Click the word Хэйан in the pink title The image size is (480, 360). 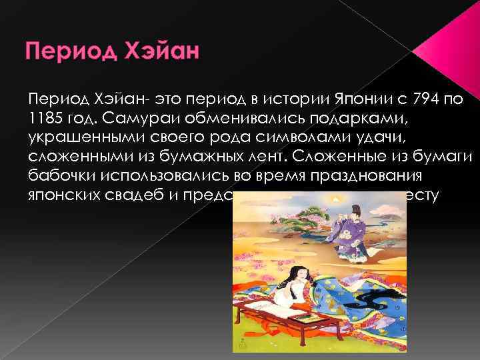tap(166, 52)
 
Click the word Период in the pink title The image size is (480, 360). tap(69, 52)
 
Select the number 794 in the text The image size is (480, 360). tap(426, 99)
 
